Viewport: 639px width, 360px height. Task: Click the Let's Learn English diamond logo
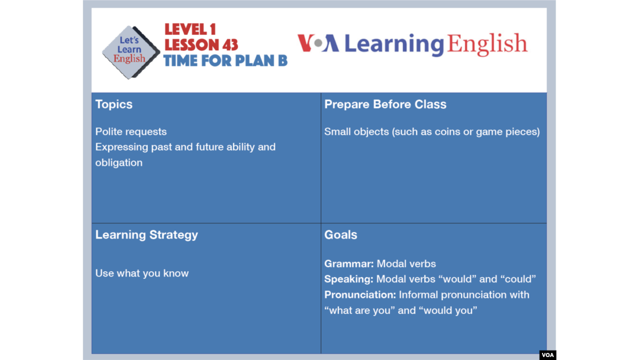pyautogui.click(x=130, y=52)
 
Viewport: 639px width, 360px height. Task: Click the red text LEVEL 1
pyautogui.click(x=191, y=30)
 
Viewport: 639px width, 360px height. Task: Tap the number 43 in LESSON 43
pyautogui.click(x=229, y=45)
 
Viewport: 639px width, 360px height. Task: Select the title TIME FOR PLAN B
pyautogui.click(x=225, y=61)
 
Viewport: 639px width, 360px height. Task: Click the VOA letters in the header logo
pyautogui.click(x=318, y=43)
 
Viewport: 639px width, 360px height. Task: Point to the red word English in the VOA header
pyautogui.click(x=487, y=44)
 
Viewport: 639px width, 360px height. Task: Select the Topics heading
pyautogui.click(x=114, y=104)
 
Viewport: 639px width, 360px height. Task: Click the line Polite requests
pyautogui.click(x=131, y=131)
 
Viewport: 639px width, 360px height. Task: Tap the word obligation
pyautogui.click(x=119, y=163)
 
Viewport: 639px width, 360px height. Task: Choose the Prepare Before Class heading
pyautogui.click(x=385, y=104)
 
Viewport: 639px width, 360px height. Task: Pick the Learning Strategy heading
pyautogui.click(x=146, y=235)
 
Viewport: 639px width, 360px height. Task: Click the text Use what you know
pyautogui.click(x=142, y=273)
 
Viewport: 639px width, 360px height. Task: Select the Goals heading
pyautogui.click(x=341, y=235)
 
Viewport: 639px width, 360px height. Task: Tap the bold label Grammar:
pyautogui.click(x=349, y=263)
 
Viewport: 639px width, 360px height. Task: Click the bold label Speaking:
pyautogui.click(x=349, y=279)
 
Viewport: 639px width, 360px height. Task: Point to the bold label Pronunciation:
pyautogui.click(x=360, y=295)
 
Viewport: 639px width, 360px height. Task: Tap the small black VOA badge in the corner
pyautogui.click(x=548, y=355)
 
